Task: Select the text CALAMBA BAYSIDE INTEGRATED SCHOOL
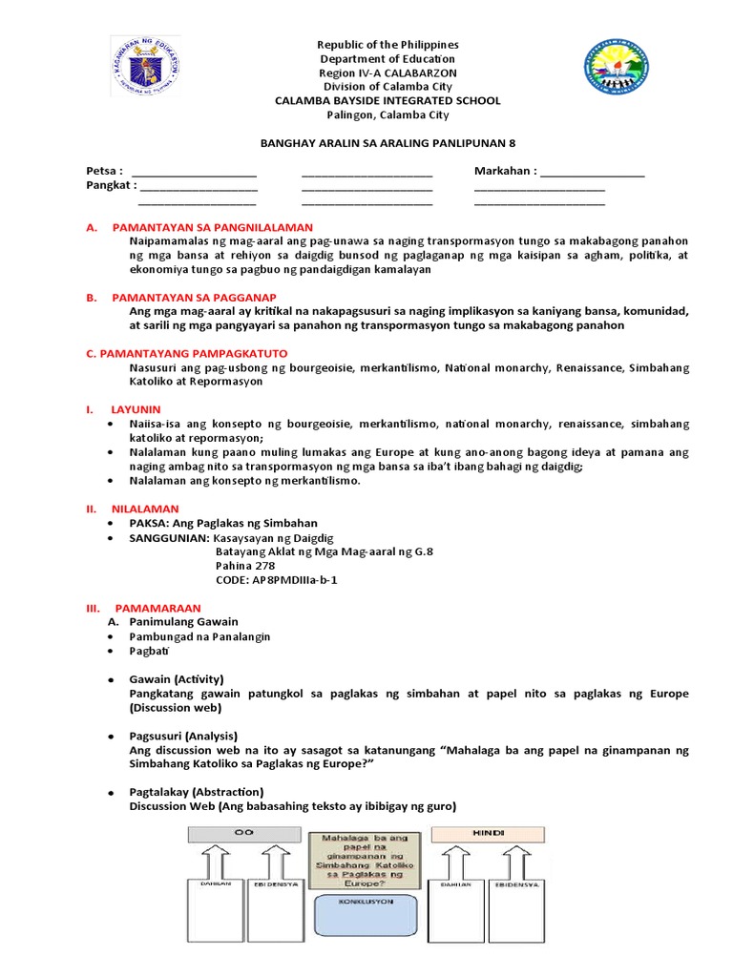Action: (x=387, y=100)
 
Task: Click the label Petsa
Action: (x=105, y=172)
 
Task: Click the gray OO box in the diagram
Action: (x=244, y=833)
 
